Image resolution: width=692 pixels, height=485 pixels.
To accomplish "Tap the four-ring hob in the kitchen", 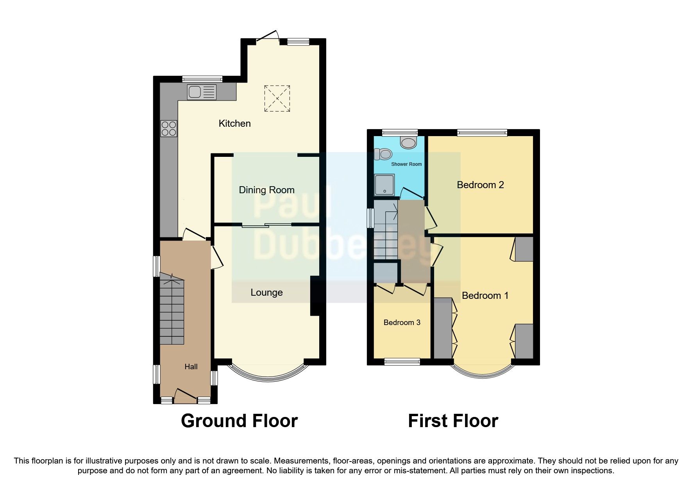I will point(168,128).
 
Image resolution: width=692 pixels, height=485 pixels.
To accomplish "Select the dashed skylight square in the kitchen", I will point(277,98).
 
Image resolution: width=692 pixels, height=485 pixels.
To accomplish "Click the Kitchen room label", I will point(234,124).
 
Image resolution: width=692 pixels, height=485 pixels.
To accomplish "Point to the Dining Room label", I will point(266,190).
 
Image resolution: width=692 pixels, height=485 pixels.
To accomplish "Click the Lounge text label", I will point(266,293).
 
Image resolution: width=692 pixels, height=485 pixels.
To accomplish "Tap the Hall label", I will point(191,366).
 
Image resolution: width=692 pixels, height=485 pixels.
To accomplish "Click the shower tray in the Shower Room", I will point(384,185).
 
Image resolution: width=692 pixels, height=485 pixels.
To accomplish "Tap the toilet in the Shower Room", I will point(381,154).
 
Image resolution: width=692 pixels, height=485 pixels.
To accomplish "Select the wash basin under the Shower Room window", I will point(409,142).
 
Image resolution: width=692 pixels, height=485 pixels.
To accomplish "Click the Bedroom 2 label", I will point(480,185).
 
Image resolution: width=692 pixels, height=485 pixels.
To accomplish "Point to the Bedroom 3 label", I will point(402,323).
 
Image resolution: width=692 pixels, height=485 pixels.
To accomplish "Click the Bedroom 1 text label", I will point(485,296).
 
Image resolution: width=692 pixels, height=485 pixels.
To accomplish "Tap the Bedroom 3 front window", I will point(402,362).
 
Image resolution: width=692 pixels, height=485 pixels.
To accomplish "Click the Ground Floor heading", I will point(239,421).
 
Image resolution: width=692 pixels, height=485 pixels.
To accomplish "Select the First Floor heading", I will point(453,421).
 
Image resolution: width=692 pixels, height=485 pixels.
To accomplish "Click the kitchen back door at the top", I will point(268,36).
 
